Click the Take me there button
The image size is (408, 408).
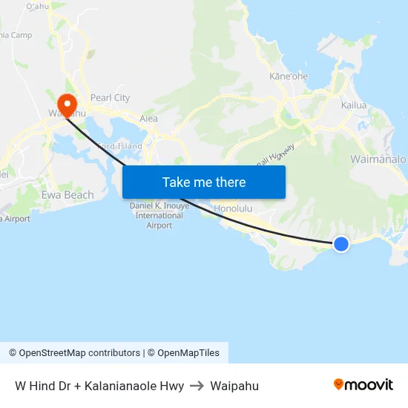click(x=204, y=182)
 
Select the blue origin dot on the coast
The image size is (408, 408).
click(x=340, y=243)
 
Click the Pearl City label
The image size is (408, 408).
click(x=110, y=98)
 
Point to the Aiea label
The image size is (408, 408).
click(x=148, y=119)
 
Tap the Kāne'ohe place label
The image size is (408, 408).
click(x=289, y=76)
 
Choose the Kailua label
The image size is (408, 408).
click(x=354, y=105)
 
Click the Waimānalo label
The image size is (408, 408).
click(x=378, y=159)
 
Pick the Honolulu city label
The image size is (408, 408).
click(x=233, y=209)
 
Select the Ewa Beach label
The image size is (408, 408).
click(x=68, y=195)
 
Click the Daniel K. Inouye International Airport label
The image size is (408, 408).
click(x=159, y=215)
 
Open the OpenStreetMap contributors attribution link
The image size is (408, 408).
click(x=74, y=353)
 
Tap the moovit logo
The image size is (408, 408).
click(x=363, y=384)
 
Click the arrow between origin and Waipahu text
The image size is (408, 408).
click(x=197, y=386)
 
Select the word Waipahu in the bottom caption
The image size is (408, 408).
click(x=234, y=386)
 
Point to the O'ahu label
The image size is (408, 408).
click(x=37, y=6)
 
